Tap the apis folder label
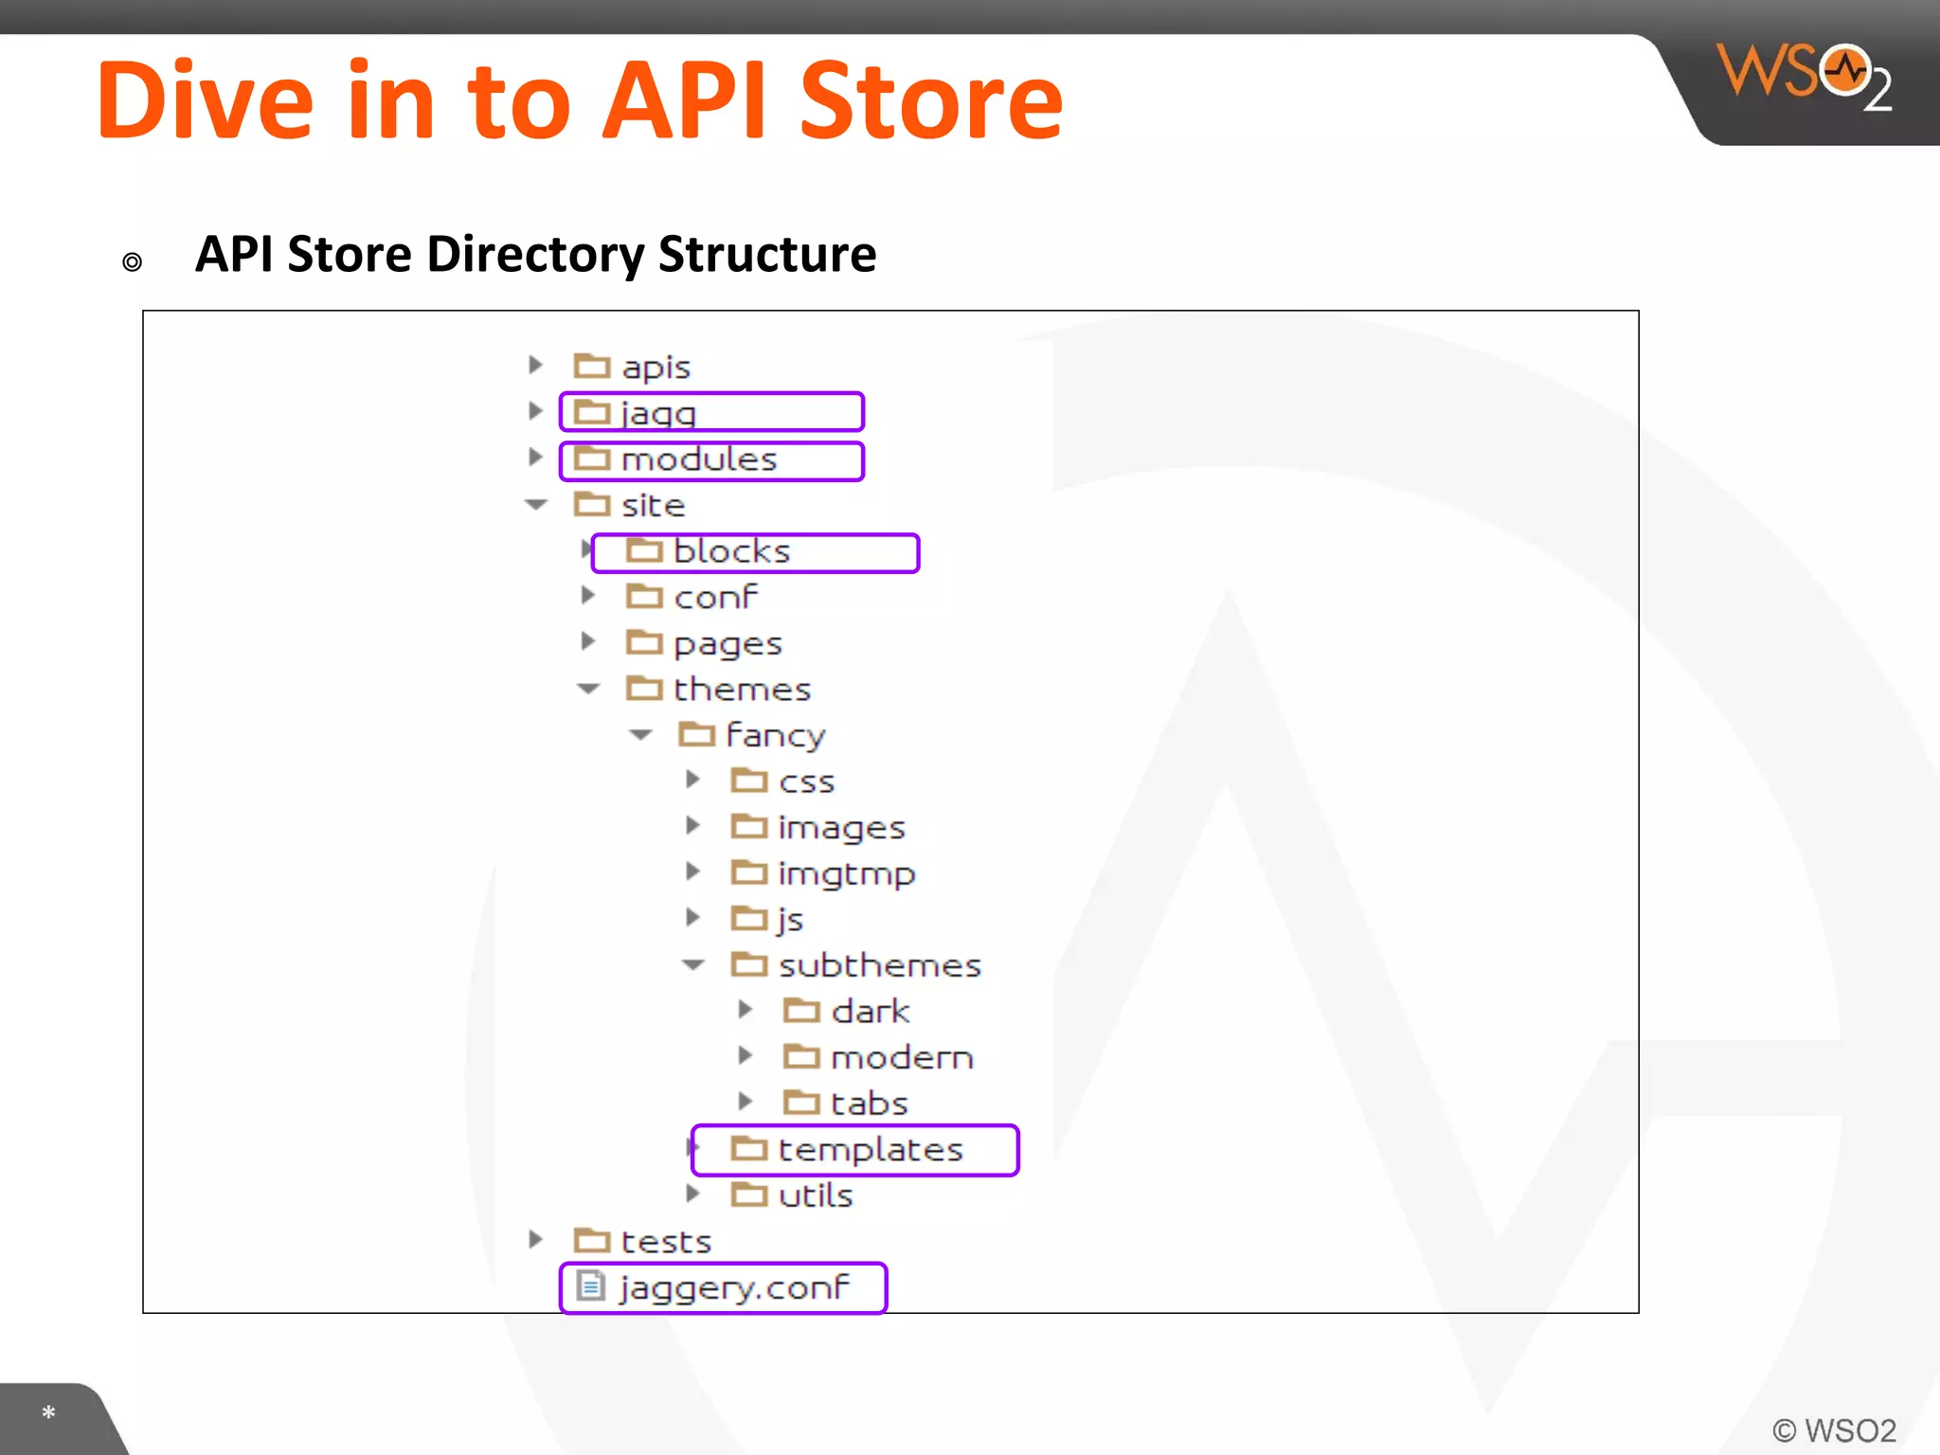coord(656,368)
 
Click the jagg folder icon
coord(592,412)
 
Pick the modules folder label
coord(699,459)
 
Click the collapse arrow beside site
coord(537,505)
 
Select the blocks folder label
coord(731,551)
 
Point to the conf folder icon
coord(644,597)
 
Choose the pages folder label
coord(727,644)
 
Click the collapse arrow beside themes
coord(589,689)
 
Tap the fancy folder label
coord(776,735)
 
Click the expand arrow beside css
coord(693,780)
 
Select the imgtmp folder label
coord(846,873)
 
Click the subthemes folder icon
coord(749,964)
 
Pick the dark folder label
coord(870,1012)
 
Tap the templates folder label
coord(870,1150)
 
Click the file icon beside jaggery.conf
coord(591,1286)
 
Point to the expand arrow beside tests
coord(536,1239)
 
